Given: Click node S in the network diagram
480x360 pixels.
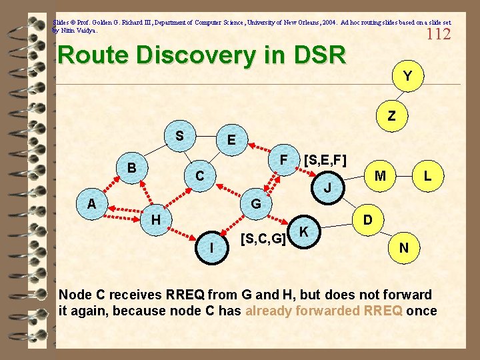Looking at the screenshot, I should tap(179, 136).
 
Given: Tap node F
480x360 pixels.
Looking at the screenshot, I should tap(283, 161).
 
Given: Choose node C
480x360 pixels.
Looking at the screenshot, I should tap(199, 177).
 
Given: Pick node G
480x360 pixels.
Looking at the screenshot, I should tap(255, 203).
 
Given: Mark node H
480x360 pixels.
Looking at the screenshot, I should tap(155, 219).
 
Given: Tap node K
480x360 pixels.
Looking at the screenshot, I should tap(304, 231).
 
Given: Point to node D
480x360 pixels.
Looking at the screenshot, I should tap(367, 219).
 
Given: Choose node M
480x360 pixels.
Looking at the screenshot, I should tap(381, 176).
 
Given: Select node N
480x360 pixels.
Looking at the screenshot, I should tap(403, 247).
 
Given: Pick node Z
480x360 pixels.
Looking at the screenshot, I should tap(391, 116).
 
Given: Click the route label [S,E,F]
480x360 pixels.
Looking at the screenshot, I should tap(325, 160).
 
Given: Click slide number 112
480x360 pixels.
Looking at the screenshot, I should tap(438, 34).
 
